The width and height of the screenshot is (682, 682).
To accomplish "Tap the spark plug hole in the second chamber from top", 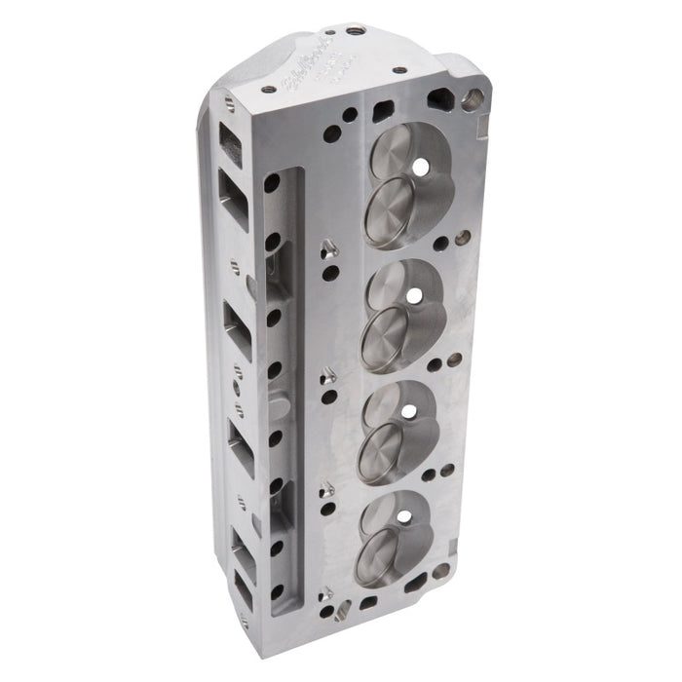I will click(x=412, y=294).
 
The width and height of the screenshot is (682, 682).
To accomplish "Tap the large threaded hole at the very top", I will click(x=358, y=30).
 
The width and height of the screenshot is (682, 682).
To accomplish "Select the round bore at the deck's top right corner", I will click(x=474, y=97).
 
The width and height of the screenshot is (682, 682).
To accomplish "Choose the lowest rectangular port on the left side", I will click(x=240, y=585).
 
